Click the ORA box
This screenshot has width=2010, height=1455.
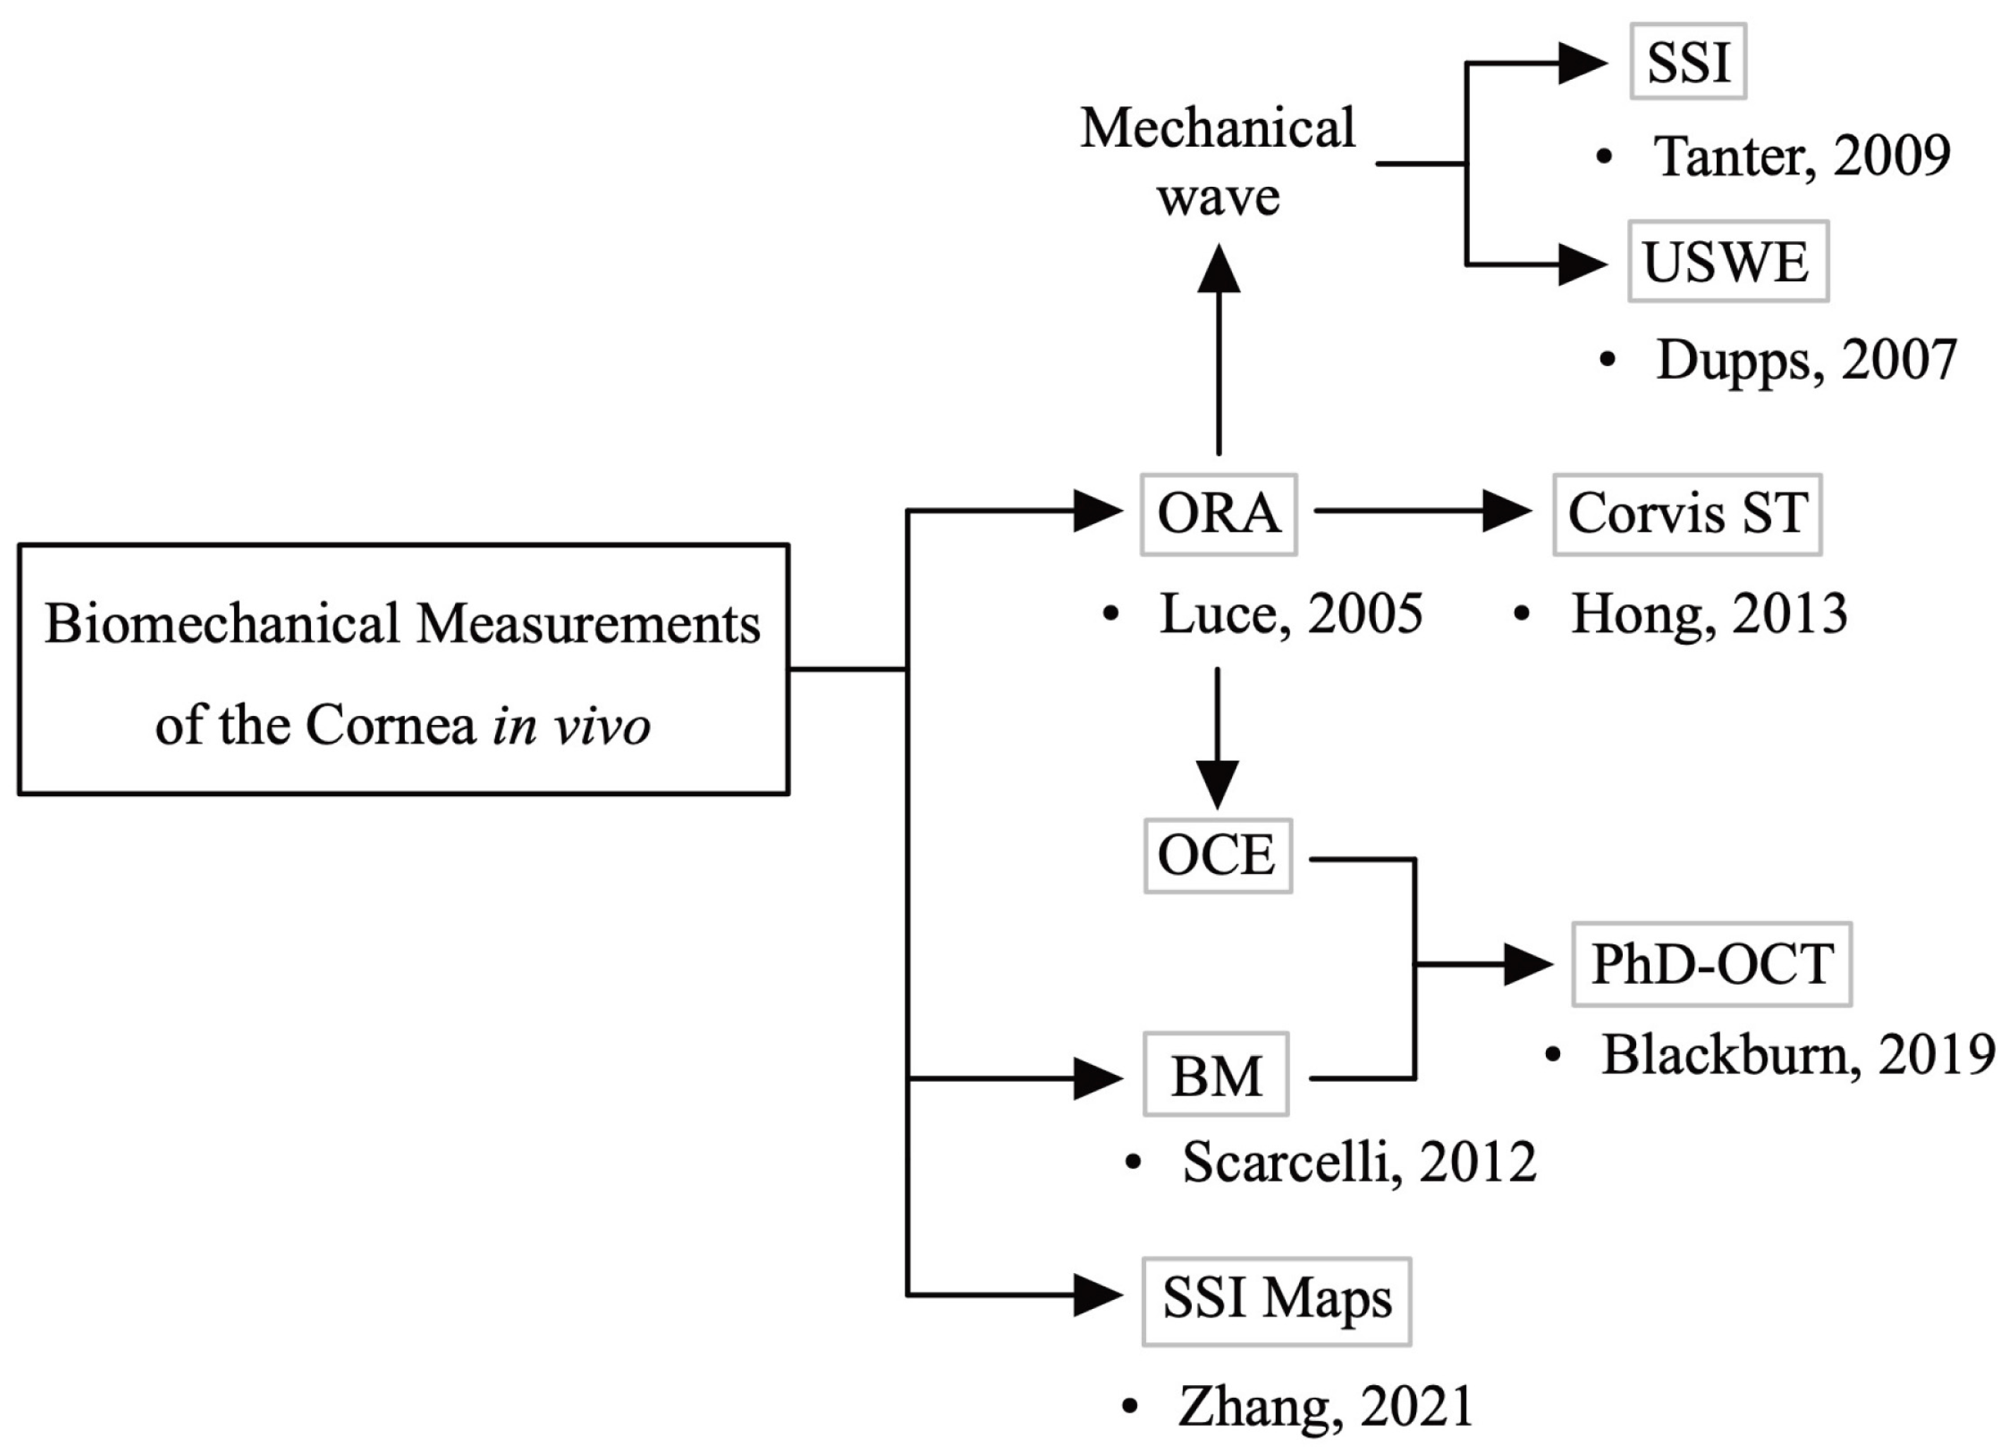pyautogui.click(x=1219, y=515)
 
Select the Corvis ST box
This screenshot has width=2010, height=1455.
pyautogui.click(x=1686, y=515)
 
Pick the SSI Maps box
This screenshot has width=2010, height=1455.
pyautogui.click(x=1277, y=1300)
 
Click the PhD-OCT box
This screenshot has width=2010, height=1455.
pyautogui.click(x=1712, y=965)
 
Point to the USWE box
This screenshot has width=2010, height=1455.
pyautogui.click(x=1727, y=262)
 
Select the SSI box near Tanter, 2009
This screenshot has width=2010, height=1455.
pyautogui.click(x=1688, y=62)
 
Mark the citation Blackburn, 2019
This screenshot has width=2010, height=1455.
pyautogui.click(x=1797, y=1055)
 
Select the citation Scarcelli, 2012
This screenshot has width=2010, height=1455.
pyautogui.click(x=1358, y=1162)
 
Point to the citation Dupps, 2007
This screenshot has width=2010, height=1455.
pyautogui.click(x=1805, y=360)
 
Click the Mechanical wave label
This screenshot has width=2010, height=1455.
pyautogui.click(x=1218, y=162)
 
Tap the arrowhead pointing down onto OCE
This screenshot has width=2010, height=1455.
pyautogui.click(x=1218, y=784)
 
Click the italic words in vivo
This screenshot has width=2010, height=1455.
pyautogui.click(x=572, y=726)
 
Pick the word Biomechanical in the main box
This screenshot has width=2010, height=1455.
pyautogui.click(x=222, y=624)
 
